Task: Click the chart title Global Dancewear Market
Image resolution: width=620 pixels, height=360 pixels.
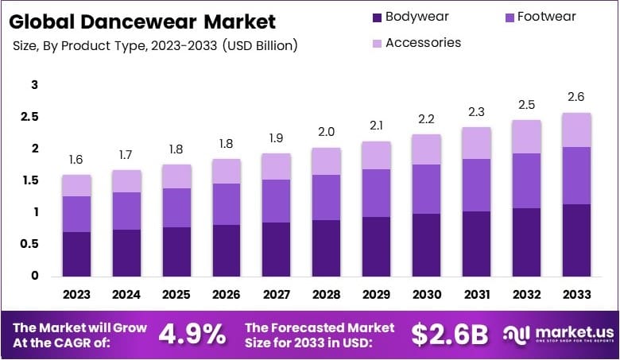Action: coord(144,21)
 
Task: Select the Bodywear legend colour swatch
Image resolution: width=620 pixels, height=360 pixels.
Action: coord(376,17)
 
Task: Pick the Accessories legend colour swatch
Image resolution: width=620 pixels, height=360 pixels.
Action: coord(376,43)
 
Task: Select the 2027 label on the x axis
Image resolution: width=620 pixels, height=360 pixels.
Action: coord(276,295)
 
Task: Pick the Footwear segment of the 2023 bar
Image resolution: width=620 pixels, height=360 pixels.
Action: coord(77,214)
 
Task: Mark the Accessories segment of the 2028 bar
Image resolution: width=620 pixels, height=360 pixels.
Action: coord(326,161)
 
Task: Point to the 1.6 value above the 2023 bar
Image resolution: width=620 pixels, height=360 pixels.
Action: coord(77,160)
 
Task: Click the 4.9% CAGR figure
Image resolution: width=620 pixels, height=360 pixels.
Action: coord(192,334)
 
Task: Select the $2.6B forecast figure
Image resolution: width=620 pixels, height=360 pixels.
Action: coord(449,334)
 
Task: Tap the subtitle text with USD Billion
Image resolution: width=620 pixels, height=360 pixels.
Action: coord(156,45)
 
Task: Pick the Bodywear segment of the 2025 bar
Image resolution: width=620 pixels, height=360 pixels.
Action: coord(176,252)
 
